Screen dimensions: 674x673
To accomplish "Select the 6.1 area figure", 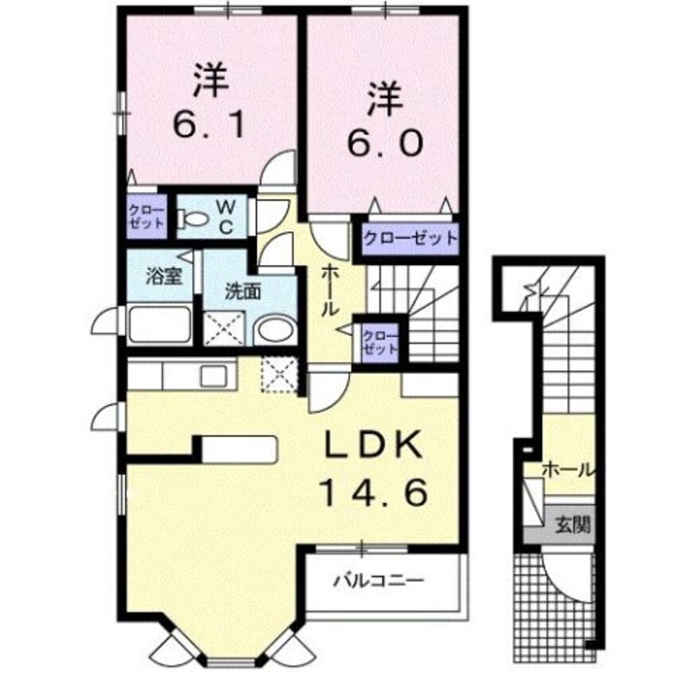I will coord(208,125).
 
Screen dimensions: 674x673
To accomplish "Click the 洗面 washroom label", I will coord(242,291).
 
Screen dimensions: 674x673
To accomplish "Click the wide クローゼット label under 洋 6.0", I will coord(410,237).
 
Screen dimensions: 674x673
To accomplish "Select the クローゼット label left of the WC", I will coord(146,216).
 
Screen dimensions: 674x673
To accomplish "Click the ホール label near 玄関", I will coord(566,470).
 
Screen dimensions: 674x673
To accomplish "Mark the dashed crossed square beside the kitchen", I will coord(280,374).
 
